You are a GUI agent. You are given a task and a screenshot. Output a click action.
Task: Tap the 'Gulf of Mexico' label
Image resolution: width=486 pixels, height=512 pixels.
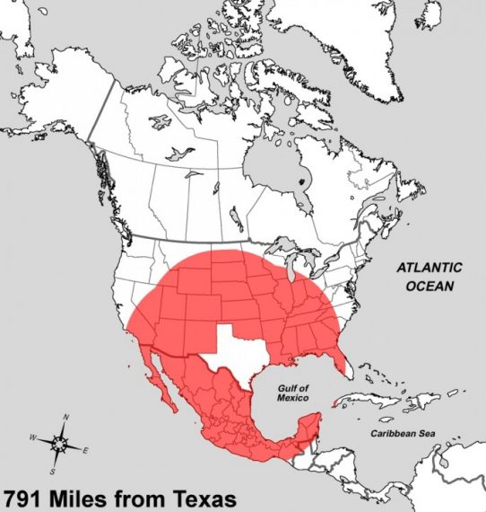(x=292, y=392)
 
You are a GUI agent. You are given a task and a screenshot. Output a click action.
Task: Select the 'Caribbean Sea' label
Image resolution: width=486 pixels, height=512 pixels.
(x=403, y=434)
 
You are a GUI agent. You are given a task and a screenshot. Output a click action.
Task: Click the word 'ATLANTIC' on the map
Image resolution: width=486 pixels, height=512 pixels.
(x=430, y=268)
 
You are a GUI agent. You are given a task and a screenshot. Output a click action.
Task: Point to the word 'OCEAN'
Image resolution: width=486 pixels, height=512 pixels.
(x=430, y=286)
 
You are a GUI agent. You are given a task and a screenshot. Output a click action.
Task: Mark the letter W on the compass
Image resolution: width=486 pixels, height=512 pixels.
(x=33, y=437)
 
